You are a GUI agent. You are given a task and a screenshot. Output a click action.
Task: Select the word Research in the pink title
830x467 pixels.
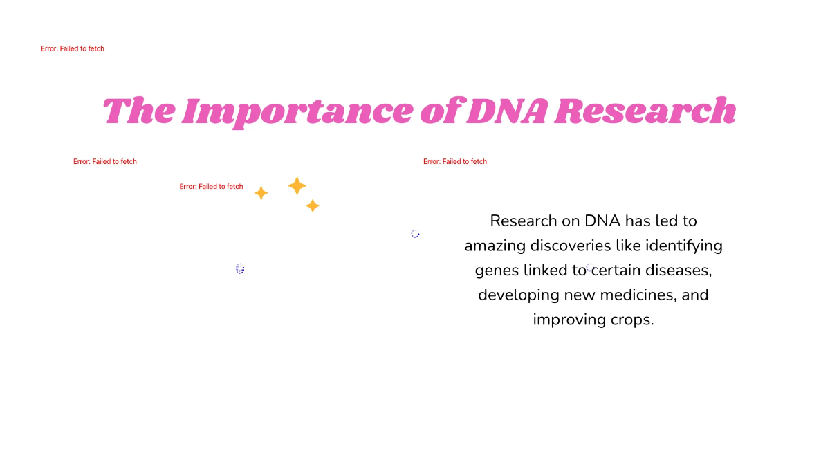point(645,111)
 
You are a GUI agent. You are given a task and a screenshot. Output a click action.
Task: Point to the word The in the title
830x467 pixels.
point(138,111)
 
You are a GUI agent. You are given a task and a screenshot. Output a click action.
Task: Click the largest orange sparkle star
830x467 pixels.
point(297,185)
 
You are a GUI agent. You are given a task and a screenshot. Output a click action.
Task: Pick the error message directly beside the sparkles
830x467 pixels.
point(211,187)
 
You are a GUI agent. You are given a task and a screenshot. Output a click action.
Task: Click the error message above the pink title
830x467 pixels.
point(73,49)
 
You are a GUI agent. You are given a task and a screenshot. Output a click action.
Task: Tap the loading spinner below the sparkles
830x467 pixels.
point(240,268)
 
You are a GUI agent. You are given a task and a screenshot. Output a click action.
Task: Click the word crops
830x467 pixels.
point(632,320)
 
